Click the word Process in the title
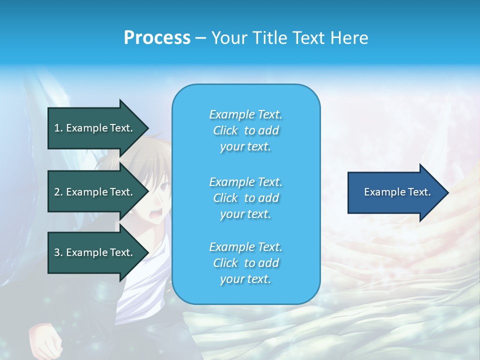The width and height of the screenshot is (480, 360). point(157,38)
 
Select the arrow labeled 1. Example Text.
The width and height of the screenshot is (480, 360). point(95,128)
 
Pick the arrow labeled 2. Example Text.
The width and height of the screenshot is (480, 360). point(95,192)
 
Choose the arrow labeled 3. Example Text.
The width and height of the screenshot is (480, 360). point(95,252)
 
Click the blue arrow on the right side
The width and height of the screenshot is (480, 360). point(395,192)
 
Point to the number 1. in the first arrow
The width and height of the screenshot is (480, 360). point(58,128)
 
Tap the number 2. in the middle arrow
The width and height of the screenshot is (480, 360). point(58,192)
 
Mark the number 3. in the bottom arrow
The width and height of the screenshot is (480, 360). point(58,252)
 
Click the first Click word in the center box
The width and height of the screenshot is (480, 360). point(225,130)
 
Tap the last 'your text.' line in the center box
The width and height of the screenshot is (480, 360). point(245,279)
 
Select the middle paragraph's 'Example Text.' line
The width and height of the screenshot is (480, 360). point(245,182)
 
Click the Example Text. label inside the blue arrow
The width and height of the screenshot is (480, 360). point(397,192)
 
